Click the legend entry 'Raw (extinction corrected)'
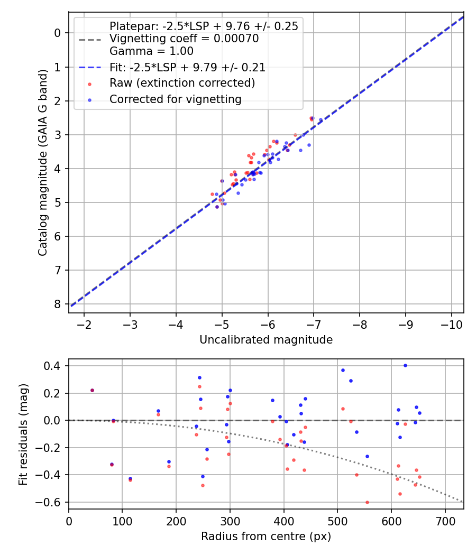[x=182, y=83]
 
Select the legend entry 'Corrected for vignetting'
[x=175, y=99]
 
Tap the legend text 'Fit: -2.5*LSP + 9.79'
[x=187, y=67]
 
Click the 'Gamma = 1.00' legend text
[x=151, y=51]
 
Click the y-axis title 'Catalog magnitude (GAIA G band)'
[x=43, y=162]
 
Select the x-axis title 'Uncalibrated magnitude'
[x=266, y=340]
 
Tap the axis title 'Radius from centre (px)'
[x=266, y=536]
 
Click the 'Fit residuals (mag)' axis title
[x=23, y=434]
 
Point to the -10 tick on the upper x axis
[x=451, y=323]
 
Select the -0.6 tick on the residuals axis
[x=53, y=502]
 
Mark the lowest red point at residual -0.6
[x=367, y=502]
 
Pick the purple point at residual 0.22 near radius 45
[x=92, y=390]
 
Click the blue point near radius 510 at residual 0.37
[x=343, y=370]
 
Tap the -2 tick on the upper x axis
[x=84, y=323]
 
